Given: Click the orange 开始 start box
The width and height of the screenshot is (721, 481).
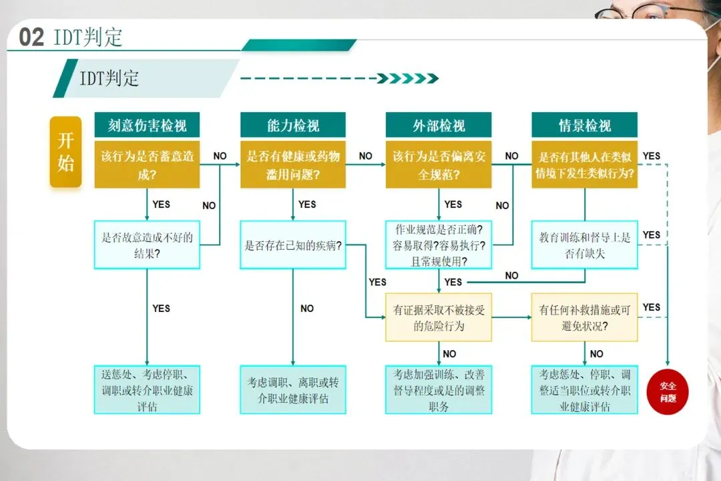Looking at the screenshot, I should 65,152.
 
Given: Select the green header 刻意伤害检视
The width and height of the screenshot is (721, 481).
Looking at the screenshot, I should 147,125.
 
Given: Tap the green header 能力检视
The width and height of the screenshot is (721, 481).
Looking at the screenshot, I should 293,125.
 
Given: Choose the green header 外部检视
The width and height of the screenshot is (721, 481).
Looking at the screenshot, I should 439,125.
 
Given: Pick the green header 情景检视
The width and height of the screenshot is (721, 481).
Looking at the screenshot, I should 584,125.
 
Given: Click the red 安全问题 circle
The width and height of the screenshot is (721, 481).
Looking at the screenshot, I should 668,391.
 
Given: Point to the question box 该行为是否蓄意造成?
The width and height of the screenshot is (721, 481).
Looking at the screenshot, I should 147,165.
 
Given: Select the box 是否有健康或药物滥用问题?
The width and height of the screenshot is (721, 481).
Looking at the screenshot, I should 293,165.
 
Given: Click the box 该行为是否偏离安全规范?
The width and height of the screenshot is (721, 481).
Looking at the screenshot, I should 439,165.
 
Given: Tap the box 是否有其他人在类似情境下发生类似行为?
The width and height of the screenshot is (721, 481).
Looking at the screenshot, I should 584,165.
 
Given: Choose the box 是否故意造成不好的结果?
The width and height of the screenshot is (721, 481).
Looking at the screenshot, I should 147,245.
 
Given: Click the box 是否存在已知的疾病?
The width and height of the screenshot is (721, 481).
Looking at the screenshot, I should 293,245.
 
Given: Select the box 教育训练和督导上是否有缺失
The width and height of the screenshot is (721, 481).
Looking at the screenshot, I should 584,245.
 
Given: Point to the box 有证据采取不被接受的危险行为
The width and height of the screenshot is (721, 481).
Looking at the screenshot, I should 439,317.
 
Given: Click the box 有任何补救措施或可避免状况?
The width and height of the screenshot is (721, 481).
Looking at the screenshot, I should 584,317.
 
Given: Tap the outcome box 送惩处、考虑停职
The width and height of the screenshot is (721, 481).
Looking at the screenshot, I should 147,389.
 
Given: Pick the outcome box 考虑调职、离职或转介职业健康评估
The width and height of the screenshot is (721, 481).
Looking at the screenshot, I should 293,389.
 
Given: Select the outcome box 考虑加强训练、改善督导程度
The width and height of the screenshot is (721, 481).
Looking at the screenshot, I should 439,389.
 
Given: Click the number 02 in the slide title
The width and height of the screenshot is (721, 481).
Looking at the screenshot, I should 31,37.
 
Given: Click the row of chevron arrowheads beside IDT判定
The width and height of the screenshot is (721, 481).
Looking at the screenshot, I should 407,79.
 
